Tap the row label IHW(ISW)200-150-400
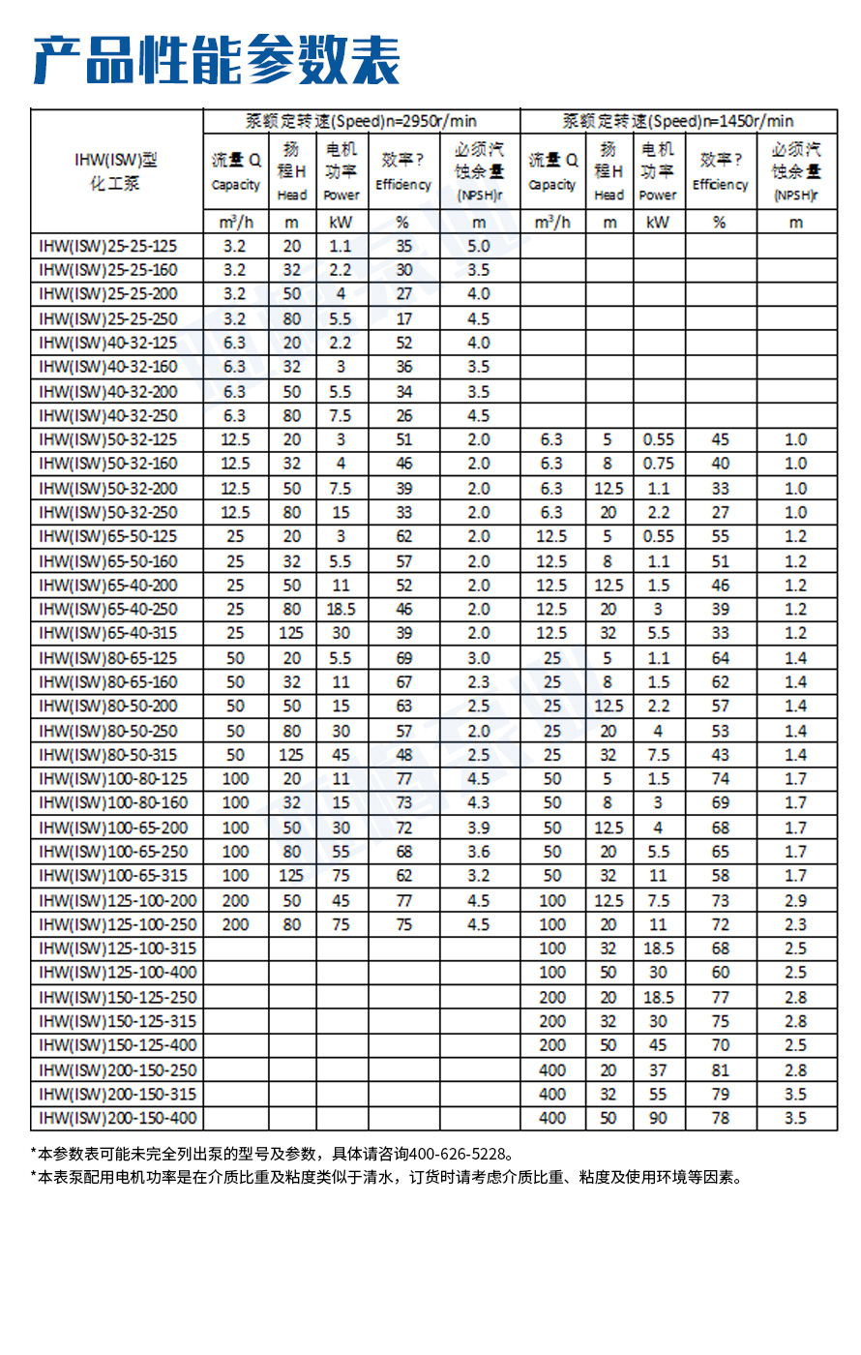pos(117,1118)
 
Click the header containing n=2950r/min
pos(361,121)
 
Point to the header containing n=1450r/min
pos(678,121)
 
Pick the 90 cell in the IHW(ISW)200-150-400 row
pos(658,1118)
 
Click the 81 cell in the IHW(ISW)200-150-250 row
pos(720,1069)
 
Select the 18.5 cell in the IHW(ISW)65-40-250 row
pos(341,609)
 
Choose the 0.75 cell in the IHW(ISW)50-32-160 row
pos(658,464)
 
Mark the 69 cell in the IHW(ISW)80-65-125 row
pos(403,657)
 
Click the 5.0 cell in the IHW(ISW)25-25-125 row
pos(479,246)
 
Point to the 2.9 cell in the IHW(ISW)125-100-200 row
pos(795,900)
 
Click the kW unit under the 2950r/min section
pos(341,222)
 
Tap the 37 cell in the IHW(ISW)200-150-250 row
pos(658,1069)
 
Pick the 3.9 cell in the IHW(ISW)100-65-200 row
pos(479,828)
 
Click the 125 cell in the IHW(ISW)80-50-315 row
pos(291,755)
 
